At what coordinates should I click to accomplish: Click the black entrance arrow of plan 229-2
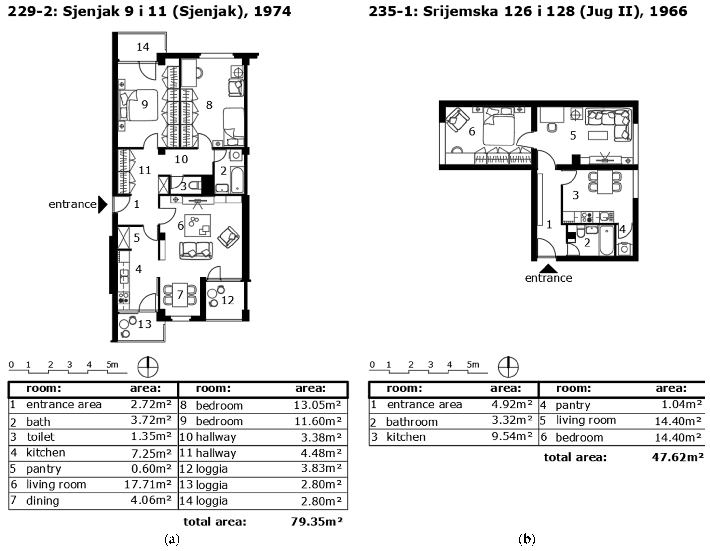[103, 204]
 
